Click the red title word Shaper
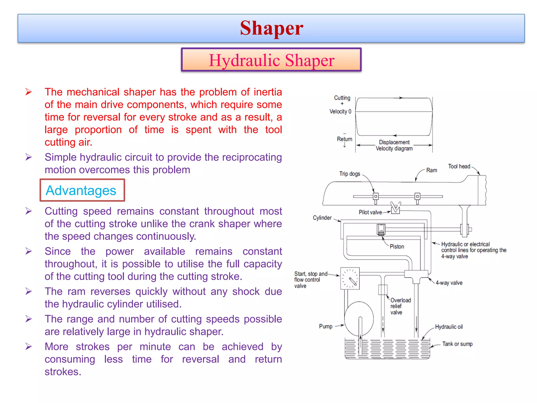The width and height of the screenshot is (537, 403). click(271, 28)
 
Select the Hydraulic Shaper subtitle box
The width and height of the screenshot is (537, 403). click(271, 60)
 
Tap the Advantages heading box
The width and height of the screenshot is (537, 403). click(82, 190)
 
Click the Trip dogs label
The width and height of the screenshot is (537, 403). click(350, 174)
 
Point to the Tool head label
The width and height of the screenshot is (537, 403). click(459, 166)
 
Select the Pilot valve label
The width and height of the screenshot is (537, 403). click(370, 212)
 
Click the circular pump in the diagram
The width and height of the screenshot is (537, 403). click(359, 319)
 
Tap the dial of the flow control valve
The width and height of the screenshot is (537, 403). click(350, 278)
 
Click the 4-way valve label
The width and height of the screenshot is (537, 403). click(449, 283)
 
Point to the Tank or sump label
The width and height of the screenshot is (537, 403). click(457, 344)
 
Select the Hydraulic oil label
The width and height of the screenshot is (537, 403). click(449, 327)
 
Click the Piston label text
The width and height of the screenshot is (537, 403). click(397, 247)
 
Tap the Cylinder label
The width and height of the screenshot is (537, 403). click(322, 218)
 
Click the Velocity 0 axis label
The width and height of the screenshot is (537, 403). click(340, 112)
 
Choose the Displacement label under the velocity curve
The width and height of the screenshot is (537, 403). click(394, 142)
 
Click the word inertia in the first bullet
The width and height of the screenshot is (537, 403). click(268, 92)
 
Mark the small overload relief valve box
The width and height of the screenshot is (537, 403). click(383, 290)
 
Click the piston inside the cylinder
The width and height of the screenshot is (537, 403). click(381, 230)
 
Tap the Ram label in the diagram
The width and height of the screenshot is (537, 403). click(431, 170)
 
